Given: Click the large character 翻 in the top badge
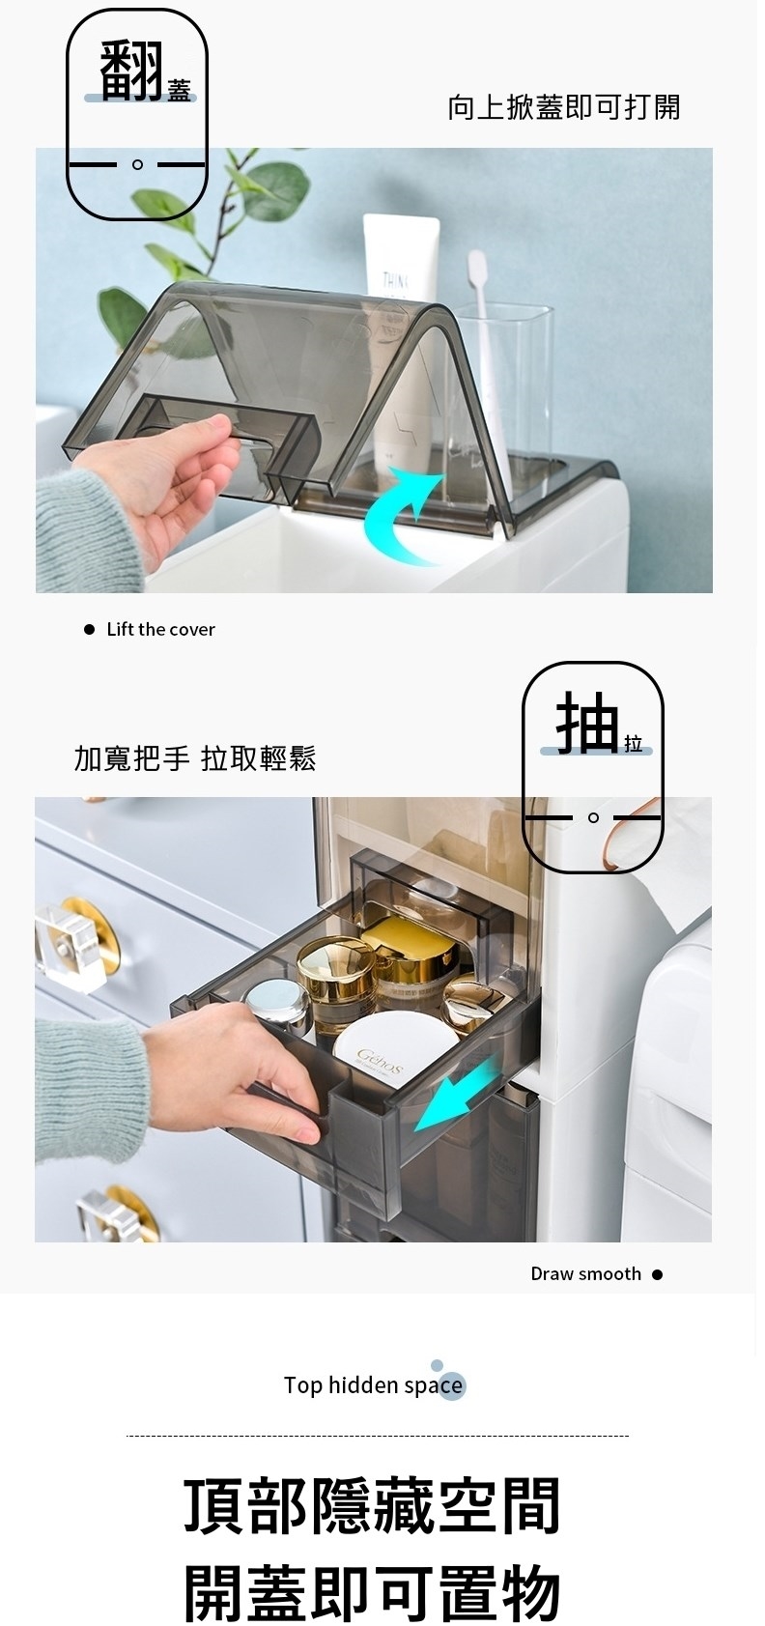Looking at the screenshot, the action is [x=130, y=71].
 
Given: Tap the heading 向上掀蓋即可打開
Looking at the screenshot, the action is [x=564, y=107].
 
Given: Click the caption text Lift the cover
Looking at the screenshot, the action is [x=160, y=629].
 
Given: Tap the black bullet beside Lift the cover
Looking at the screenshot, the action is [x=89, y=629].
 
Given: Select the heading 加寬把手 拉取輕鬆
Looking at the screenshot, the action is [x=195, y=758].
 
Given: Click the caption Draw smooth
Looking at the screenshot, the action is [x=585, y=1274].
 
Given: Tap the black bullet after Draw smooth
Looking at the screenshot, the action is [x=657, y=1274].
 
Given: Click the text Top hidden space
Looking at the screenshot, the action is [x=373, y=1385].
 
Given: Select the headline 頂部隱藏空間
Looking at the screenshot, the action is [x=372, y=1505].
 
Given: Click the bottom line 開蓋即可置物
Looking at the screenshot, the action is [x=372, y=1592].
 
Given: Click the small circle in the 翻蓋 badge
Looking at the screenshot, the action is [x=137, y=165].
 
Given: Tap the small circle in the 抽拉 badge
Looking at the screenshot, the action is [x=593, y=817].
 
